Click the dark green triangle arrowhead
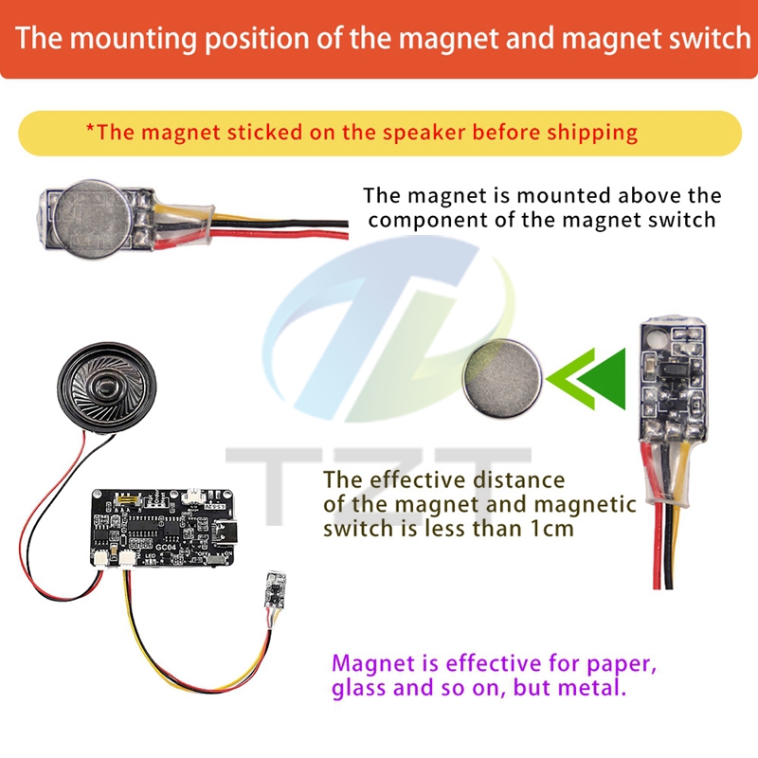pyautogui.click(x=603, y=378)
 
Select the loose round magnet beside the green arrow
pyautogui.click(x=502, y=378)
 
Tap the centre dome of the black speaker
pyautogui.click(x=106, y=387)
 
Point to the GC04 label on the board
pyautogui.click(x=165, y=547)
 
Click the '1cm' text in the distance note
pyautogui.click(x=552, y=529)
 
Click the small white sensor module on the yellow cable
pyautogui.click(x=275, y=588)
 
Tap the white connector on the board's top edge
pyautogui.click(x=191, y=495)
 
